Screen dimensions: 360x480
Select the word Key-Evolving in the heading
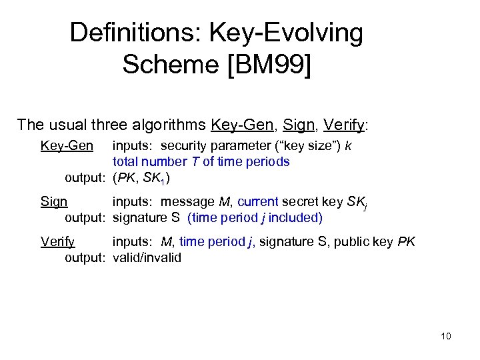click(x=287, y=32)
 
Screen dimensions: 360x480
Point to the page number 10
click(x=446, y=336)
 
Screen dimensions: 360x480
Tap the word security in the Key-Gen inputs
click(x=185, y=145)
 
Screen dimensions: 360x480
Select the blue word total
click(x=127, y=161)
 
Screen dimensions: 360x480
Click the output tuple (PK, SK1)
click(x=142, y=178)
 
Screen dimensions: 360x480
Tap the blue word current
click(x=259, y=201)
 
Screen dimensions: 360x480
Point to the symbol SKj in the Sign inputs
click(x=355, y=203)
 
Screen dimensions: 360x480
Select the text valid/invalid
click(x=147, y=257)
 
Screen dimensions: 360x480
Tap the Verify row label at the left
click(x=57, y=241)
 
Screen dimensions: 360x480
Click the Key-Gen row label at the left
click(x=67, y=145)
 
